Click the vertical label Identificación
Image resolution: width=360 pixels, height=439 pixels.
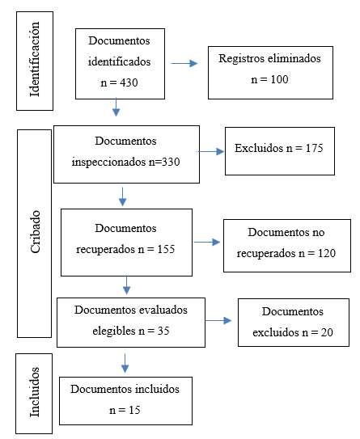coord(35,59)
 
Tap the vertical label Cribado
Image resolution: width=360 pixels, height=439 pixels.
coord(36,232)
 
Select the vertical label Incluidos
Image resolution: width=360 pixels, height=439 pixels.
coord(35,392)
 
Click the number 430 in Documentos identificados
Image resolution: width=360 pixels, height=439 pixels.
coord(129,82)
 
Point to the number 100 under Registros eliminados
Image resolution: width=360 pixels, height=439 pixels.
coord(279,79)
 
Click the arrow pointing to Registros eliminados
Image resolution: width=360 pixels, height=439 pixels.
coord(184,64)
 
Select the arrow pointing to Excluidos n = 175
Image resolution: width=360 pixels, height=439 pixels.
coord(211,152)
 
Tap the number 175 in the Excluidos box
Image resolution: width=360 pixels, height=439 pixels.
coord(315,148)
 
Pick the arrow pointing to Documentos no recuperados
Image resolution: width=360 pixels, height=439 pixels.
coord(207,243)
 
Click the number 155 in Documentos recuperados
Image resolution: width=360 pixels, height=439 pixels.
coord(166,249)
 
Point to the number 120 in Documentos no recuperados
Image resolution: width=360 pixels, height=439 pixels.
coord(327,253)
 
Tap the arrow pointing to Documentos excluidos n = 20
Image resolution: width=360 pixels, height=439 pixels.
coord(218,321)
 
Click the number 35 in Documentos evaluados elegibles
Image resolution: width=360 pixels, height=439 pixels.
coord(163,331)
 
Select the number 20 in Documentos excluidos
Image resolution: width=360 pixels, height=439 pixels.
coord(327,332)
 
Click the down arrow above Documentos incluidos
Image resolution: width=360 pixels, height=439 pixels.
coord(125,363)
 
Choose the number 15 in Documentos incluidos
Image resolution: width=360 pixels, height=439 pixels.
coord(134,410)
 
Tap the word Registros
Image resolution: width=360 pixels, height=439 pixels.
coord(242,59)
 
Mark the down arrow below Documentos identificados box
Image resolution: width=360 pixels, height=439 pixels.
coord(116,107)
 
